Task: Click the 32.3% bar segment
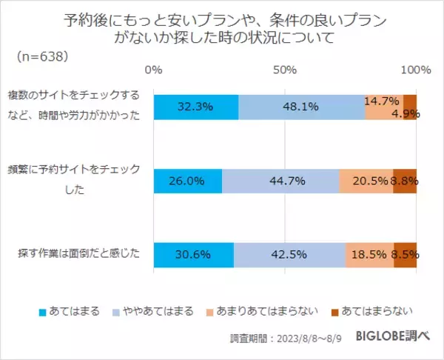click(x=196, y=107)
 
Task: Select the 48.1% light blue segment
click(x=301, y=107)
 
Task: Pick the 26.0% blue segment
click(x=187, y=181)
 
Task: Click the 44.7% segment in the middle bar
click(x=280, y=181)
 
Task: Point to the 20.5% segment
click(x=366, y=181)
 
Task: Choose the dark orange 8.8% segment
click(x=405, y=181)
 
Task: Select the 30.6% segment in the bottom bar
click(x=193, y=254)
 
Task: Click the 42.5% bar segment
click(x=289, y=254)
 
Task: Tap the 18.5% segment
click(x=369, y=254)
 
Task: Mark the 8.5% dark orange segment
click(x=405, y=254)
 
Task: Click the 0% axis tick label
click(x=153, y=70)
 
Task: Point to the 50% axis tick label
click(x=285, y=70)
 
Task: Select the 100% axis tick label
click(x=415, y=70)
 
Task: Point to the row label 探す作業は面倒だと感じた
click(x=78, y=254)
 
